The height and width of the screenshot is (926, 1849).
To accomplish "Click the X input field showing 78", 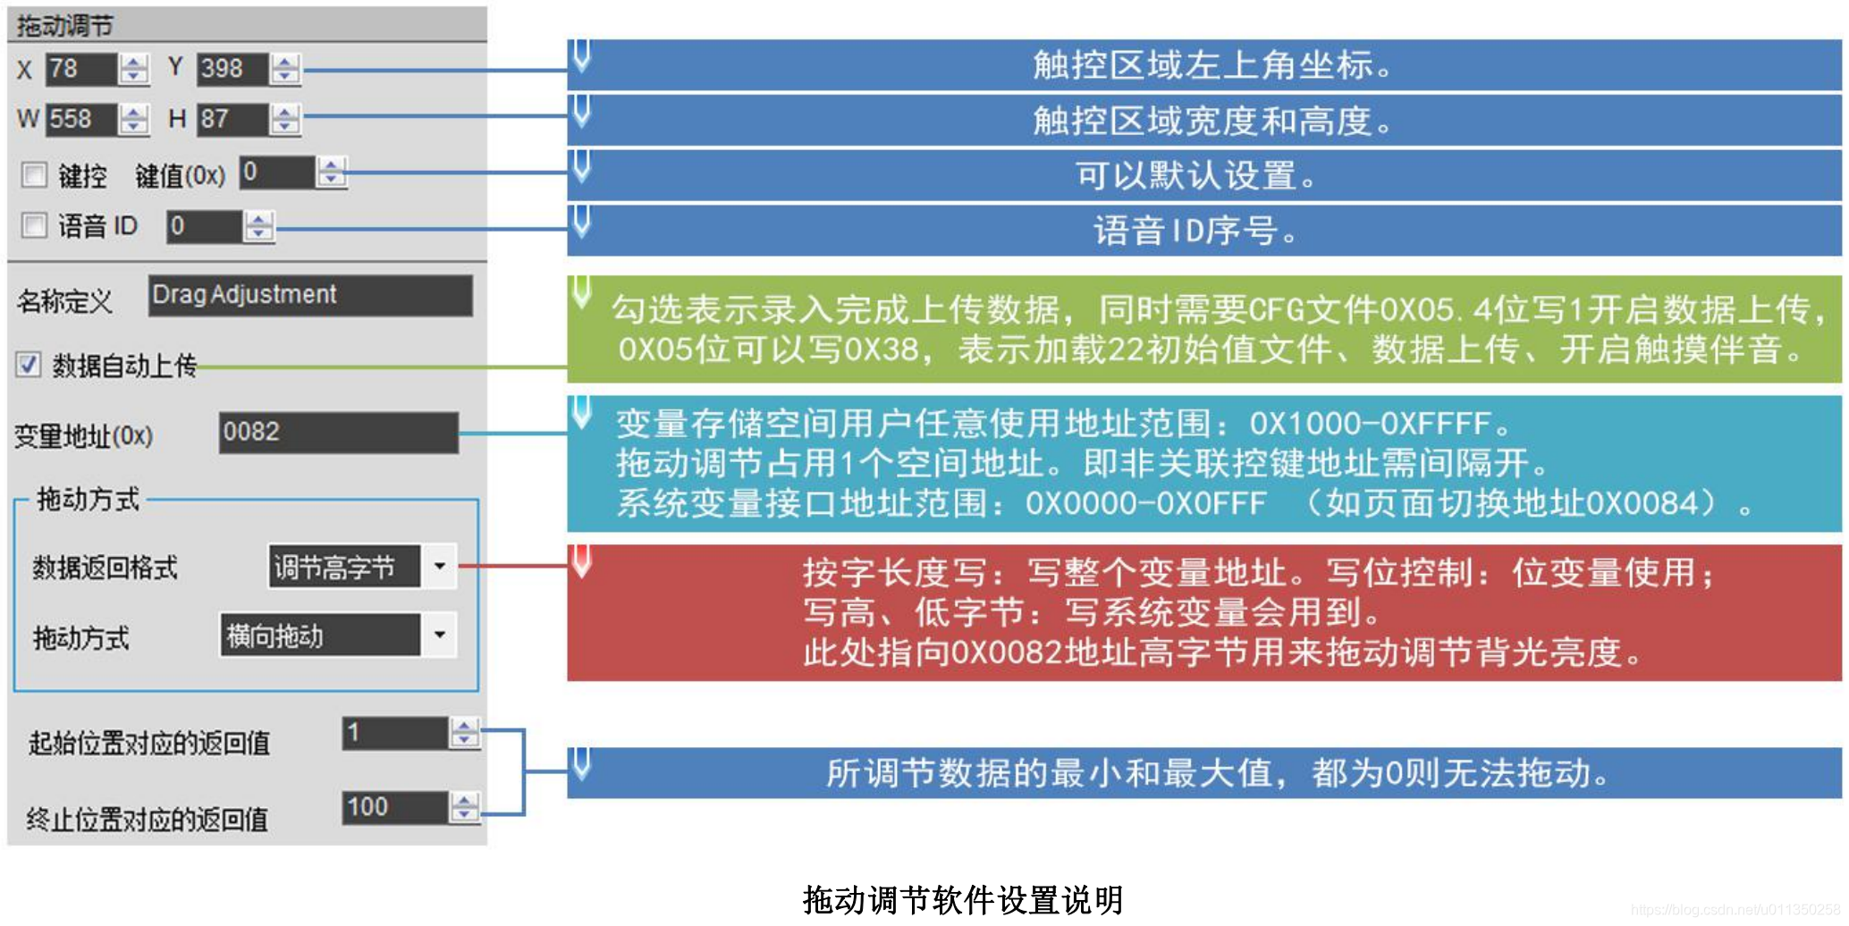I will (x=80, y=69).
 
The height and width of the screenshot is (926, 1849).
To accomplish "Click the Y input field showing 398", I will (x=232, y=69).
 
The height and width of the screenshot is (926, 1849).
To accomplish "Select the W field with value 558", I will (x=80, y=119).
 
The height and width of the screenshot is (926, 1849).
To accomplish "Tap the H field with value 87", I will (x=232, y=119).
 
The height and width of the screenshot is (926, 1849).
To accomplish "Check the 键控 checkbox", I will (x=34, y=174).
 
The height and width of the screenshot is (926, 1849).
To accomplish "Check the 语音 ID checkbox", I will (x=34, y=225).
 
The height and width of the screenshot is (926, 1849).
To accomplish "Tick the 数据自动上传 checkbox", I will (x=29, y=364).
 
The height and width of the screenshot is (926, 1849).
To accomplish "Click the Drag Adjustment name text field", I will (x=309, y=295).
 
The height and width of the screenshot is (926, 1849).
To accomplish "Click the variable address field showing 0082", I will (x=338, y=433).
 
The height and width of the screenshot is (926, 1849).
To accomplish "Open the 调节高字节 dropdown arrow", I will (x=439, y=567).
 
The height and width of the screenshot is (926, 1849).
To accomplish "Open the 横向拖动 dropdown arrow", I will (x=439, y=636).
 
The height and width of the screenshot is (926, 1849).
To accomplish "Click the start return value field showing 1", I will (x=394, y=733).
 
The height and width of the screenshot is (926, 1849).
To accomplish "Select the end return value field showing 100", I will (x=394, y=807).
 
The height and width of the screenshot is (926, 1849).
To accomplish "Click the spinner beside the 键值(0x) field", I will (x=332, y=173).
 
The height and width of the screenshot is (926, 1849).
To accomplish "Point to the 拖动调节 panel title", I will (x=65, y=26).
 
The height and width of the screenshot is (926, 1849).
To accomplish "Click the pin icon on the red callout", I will (x=582, y=560).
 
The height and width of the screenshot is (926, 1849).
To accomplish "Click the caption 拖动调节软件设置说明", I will (x=962, y=900).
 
